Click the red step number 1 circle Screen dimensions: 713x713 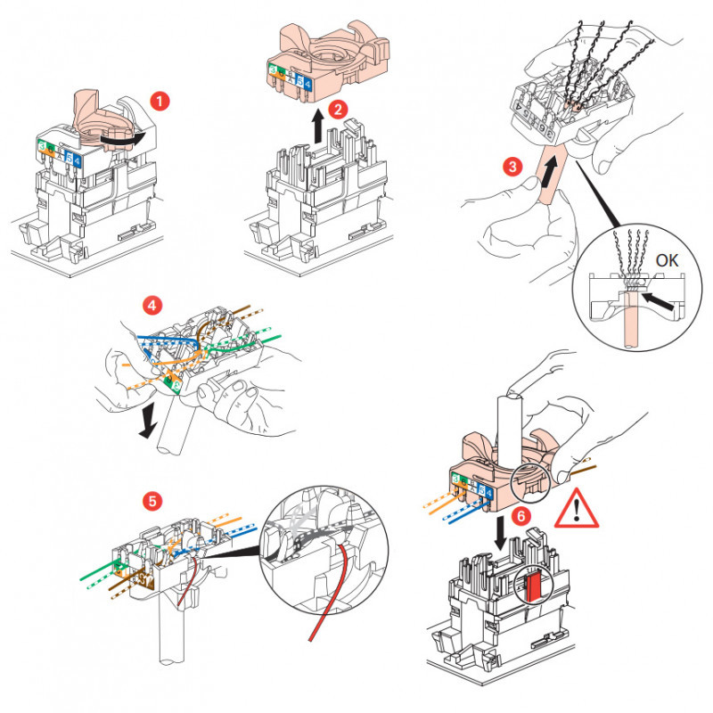pyautogui.click(x=160, y=101)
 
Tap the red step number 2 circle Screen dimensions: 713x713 pyautogui.click(x=337, y=110)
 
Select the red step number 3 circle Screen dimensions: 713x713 pyautogui.click(x=511, y=166)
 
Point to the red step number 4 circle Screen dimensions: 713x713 pyautogui.click(x=152, y=306)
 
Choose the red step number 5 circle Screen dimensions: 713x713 pyautogui.click(x=154, y=501)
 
